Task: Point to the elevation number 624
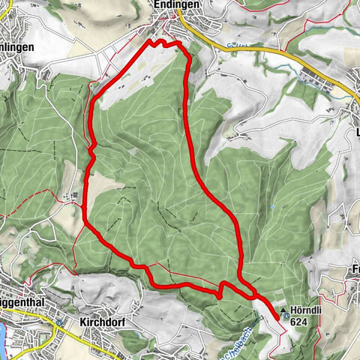point(299,322)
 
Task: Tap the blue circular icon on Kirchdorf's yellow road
point(58,324)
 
